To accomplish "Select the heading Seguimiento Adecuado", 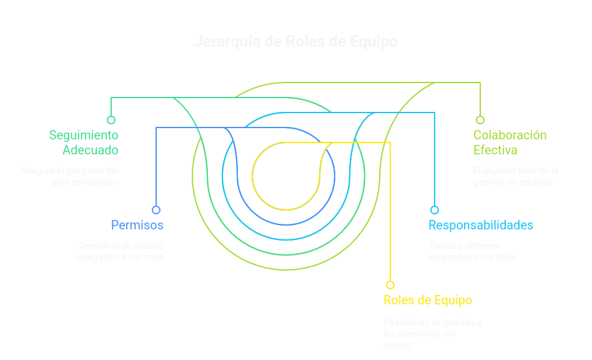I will click(x=84, y=142).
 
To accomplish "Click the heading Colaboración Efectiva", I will click(x=510, y=142).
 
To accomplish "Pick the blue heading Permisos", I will click(x=137, y=225).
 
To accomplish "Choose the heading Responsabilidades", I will click(x=480, y=225).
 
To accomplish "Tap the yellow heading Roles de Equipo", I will click(x=428, y=300).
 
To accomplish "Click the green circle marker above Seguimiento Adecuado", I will click(x=111, y=120).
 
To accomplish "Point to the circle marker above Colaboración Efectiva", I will click(x=480, y=120).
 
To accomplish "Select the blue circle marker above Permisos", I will click(x=156, y=210).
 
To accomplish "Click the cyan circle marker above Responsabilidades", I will click(x=435, y=210).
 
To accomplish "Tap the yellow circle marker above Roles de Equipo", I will click(x=390, y=285).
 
